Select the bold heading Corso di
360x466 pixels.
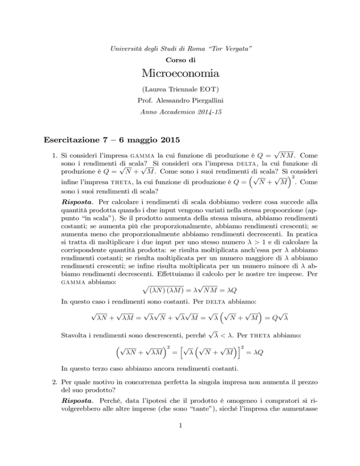[180, 48]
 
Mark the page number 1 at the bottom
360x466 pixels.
[180, 444]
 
